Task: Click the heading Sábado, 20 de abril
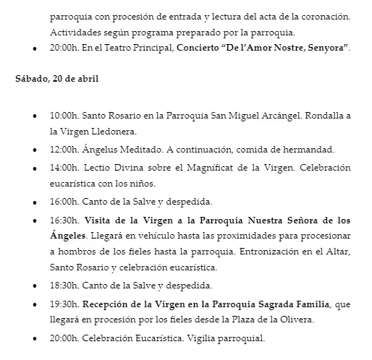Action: [x=57, y=79]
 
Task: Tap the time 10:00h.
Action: [x=64, y=115]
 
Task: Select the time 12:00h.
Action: [x=64, y=150]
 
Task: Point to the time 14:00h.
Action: [x=64, y=168]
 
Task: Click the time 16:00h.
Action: [x=64, y=201]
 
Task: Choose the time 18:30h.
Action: [x=64, y=285]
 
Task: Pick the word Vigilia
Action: [x=202, y=337]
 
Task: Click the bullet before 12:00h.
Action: [x=35, y=151]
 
